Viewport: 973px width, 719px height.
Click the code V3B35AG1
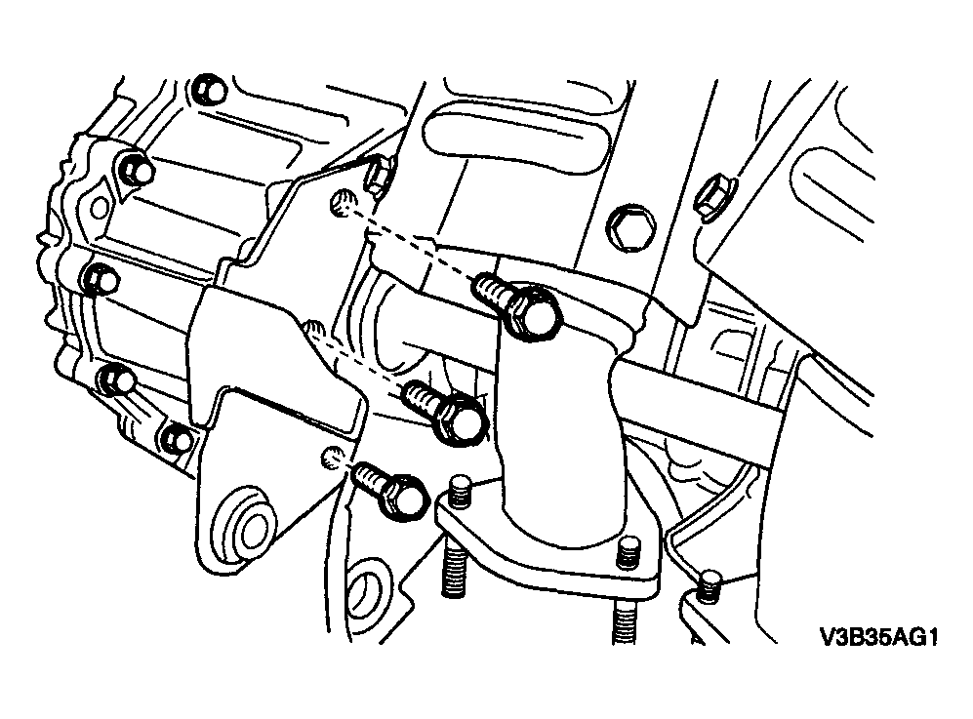pyautogui.click(x=878, y=638)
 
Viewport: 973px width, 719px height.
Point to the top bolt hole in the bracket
pyautogui.click(x=344, y=203)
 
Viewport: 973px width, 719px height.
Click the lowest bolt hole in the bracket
pyautogui.click(x=333, y=458)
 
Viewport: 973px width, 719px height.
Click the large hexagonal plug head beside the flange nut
pyautogui.click(x=628, y=228)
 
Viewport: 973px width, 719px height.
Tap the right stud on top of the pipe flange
pyautogui.click(x=628, y=552)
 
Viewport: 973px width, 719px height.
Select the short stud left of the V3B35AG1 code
pyautogui.click(x=708, y=586)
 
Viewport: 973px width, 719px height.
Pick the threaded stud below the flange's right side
pyautogui.click(x=625, y=620)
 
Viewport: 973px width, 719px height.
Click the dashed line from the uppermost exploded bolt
pyautogui.click(x=416, y=245)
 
